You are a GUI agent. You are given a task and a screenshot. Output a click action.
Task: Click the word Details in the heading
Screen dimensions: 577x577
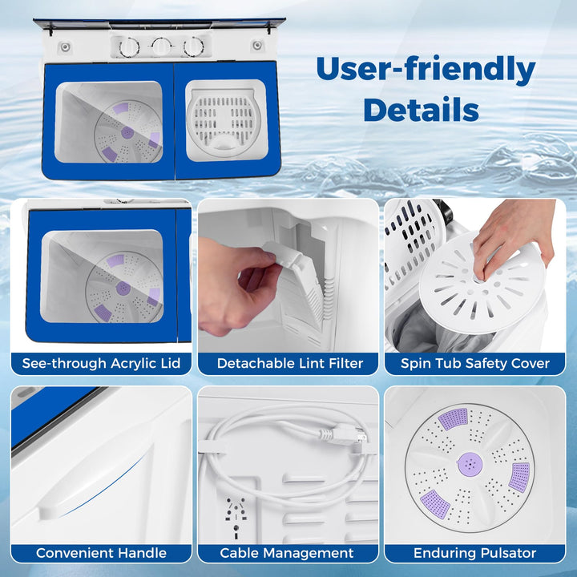click(x=421, y=109)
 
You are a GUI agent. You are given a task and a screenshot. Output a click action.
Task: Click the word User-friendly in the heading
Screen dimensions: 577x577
click(x=426, y=70)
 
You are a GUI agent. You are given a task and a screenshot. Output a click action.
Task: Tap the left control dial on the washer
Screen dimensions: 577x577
click(x=129, y=47)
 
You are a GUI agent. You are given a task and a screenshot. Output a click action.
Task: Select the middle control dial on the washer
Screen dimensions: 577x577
click(x=161, y=46)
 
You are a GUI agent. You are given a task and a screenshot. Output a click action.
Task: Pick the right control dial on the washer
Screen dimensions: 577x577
click(x=194, y=46)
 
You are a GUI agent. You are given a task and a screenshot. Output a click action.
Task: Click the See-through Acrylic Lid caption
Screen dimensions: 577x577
click(x=101, y=363)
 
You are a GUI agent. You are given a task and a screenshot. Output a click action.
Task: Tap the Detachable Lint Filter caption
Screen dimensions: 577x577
click(x=290, y=363)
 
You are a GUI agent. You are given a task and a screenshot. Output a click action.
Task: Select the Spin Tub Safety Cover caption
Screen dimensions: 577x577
click(x=475, y=363)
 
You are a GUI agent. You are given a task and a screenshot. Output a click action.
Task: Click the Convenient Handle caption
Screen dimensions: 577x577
click(x=101, y=553)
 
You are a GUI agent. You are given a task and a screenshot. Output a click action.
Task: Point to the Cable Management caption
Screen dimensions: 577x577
click(x=287, y=553)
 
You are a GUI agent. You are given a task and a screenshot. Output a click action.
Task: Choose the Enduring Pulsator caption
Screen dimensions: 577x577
click(x=474, y=553)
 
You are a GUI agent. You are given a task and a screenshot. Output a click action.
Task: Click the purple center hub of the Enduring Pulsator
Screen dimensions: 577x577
click(x=470, y=463)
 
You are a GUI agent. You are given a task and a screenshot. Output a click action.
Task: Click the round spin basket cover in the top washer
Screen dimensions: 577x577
click(x=224, y=122)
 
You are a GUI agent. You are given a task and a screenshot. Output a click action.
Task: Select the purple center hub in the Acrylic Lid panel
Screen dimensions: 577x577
click(x=123, y=288)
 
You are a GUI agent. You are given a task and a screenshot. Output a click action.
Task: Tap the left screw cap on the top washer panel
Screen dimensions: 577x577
click(x=65, y=46)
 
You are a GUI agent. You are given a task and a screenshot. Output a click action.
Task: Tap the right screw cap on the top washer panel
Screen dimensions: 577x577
click(x=257, y=46)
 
